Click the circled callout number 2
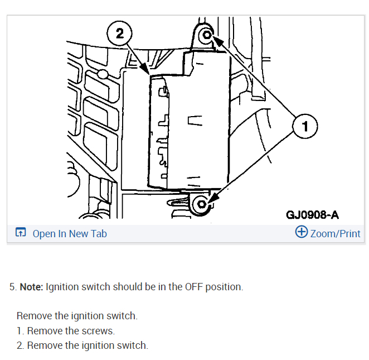click(x=120, y=33)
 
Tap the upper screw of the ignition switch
click(x=207, y=36)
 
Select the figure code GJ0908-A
click(x=312, y=215)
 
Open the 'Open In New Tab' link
click(x=70, y=234)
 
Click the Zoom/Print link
click(x=335, y=234)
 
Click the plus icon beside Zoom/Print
click(x=301, y=232)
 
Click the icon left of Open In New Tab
click(x=21, y=233)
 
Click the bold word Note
click(x=31, y=287)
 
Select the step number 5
click(x=12, y=287)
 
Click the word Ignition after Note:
click(x=64, y=287)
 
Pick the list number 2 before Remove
click(x=20, y=345)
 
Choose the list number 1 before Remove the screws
click(x=20, y=330)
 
